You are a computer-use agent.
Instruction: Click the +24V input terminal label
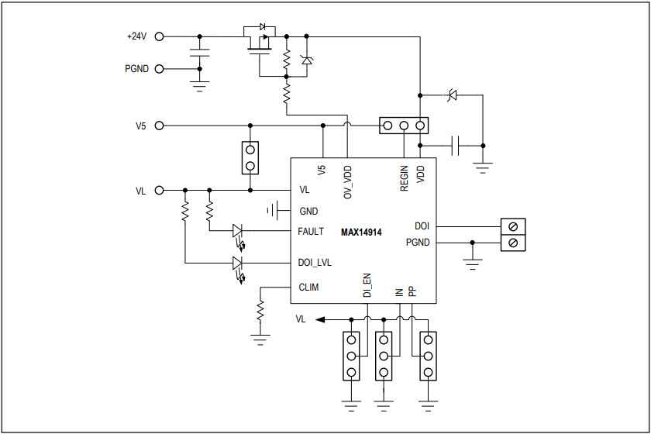pos(136,36)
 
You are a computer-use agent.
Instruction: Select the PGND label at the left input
pos(138,69)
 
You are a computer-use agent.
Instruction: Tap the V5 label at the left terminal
pos(140,125)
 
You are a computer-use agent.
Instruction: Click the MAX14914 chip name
pos(361,232)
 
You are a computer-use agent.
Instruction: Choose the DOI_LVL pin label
pos(315,263)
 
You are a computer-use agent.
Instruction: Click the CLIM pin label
pos(309,288)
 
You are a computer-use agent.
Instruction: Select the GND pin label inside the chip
pos(308,210)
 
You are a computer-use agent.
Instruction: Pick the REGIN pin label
pos(404,179)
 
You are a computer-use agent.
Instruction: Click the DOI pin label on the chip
pos(422,226)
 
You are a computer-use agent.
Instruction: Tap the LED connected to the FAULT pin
pos(238,231)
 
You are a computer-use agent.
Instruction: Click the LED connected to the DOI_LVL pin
pos(238,263)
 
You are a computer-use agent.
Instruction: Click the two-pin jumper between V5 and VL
pos(250,157)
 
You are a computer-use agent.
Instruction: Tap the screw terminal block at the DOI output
pos(513,235)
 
